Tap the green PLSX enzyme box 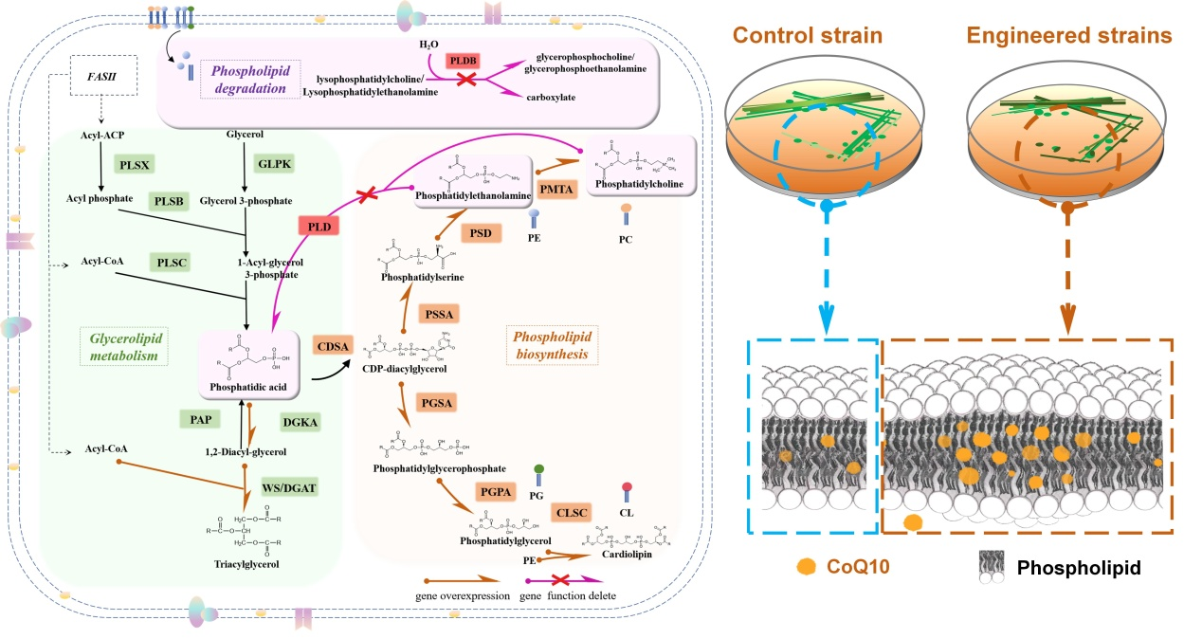pos(134,163)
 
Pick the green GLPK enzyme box pos(270,163)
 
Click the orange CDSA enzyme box pos(333,347)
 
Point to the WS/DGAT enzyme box pos(289,488)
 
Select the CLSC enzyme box pos(571,513)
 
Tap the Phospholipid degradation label pos(249,80)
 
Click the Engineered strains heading pos(1068,37)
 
